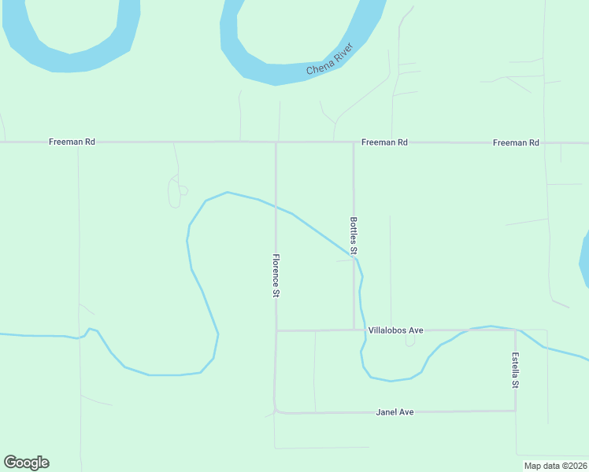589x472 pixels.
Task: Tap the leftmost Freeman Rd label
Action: tap(72, 142)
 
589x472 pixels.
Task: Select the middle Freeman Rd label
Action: tap(384, 142)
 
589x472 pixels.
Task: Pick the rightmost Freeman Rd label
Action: tap(516, 142)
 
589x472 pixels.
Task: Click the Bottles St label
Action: tap(354, 235)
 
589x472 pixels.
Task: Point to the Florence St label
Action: tap(276, 275)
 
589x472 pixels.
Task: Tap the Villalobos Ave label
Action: tap(395, 330)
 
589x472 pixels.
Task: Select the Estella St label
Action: tap(515, 371)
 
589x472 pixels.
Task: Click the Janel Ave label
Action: tap(395, 411)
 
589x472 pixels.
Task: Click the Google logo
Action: tap(26, 463)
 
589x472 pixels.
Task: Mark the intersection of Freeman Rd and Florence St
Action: tap(276, 142)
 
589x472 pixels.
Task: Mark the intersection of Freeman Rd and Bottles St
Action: tap(354, 142)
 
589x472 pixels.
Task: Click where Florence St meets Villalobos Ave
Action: tap(276, 330)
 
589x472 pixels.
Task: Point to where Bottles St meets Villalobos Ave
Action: tap(354, 330)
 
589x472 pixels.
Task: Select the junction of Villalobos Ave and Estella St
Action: tap(515, 330)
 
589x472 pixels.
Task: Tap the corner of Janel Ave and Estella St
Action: tap(515, 411)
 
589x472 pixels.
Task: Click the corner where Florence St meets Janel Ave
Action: tap(276, 411)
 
